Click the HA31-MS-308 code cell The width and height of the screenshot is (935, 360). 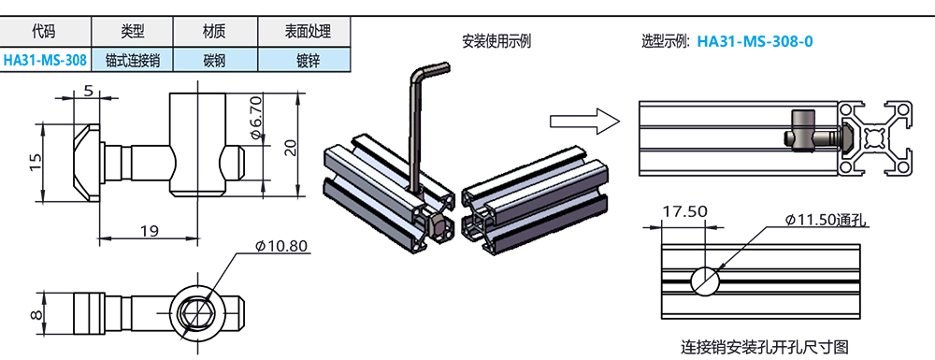tap(45, 60)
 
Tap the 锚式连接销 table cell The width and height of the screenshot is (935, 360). tap(132, 60)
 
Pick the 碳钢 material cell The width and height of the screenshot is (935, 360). tap(214, 60)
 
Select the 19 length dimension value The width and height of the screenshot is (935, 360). tap(148, 231)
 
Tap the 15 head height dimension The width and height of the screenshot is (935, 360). tap(35, 162)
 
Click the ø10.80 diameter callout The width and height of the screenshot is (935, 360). tap(281, 246)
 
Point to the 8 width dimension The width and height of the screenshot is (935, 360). tap(36, 310)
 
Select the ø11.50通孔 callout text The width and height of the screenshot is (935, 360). tap(827, 220)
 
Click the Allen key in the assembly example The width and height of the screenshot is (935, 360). tap(412, 131)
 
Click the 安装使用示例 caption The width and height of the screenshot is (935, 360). tap(496, 40)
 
